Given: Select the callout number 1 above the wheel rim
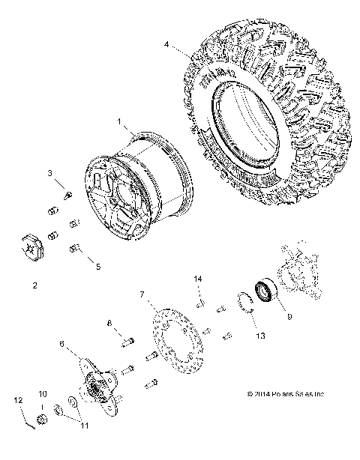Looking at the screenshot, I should [x=118, y=121].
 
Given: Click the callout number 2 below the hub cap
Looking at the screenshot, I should [x=34, y=285].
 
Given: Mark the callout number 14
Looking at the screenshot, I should [x=199, y=279].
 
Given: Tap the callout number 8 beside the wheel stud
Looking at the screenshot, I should [x=109, y=324].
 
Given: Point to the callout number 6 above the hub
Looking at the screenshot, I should [x=63, y=343].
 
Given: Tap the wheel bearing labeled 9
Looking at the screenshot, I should [x=267, y=290].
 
